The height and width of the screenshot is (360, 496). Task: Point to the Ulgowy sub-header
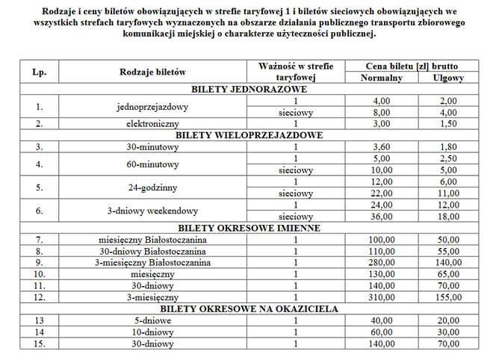pyautogui.click(x=448, y=78)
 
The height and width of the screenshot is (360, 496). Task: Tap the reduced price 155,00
pyautogui.click(x=448, y=297)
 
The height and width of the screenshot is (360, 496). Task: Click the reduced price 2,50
pyautogui.click(x=448, y=158)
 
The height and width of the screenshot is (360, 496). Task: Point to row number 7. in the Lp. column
pyautogui.click(x=39, y=239)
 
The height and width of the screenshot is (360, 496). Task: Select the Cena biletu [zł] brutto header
pyautogui.click(x=415, y=66)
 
